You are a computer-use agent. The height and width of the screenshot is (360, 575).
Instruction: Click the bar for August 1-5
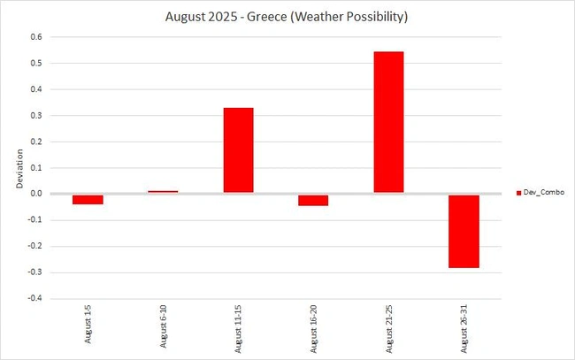[x=88, y=199]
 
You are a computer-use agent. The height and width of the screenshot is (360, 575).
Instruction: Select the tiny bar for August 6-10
[x=163, y=192]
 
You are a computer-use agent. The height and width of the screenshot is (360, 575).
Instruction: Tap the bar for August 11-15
[x=238, y=150]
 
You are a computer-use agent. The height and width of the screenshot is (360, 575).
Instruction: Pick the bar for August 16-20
[x=313, y=200]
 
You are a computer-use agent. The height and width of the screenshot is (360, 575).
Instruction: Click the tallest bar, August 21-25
[x=388, y=122]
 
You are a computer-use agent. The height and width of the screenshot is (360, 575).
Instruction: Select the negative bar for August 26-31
[x=464, y=231]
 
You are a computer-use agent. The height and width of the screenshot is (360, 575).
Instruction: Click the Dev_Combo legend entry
[x=542, y=192]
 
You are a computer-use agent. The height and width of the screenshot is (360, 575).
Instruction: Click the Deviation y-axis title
[x=19, y=168]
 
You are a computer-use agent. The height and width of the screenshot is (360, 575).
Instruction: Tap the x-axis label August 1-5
[x=88, y=330]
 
